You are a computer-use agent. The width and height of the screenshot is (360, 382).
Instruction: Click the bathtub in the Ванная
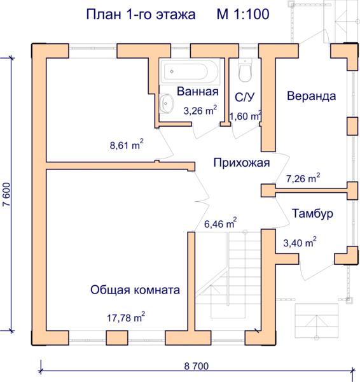pos(190,71)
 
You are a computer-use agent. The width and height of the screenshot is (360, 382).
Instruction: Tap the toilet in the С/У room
pos(245,70)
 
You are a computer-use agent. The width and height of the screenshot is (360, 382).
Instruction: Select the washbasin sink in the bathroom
pos(167,104)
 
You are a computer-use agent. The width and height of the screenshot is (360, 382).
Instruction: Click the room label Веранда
pos(311,95)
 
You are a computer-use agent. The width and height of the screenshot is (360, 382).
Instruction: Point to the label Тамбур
pos(312,213)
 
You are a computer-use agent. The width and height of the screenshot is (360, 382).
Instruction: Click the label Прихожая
pos(242,162)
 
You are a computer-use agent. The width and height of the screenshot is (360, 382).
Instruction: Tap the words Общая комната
pos(135,290)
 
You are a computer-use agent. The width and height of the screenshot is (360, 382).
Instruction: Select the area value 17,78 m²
pos(126,317)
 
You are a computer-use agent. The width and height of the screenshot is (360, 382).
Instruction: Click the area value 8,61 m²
pos(127,145)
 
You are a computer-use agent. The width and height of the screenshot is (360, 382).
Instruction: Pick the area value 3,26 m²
pos(200,110)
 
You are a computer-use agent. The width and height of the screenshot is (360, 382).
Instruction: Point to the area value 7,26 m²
pos(303,178)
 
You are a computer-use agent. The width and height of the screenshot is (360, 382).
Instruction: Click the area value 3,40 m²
pos(300,242)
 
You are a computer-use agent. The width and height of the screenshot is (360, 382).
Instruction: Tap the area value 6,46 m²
pos(220,223)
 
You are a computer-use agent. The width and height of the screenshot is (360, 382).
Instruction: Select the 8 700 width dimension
pos(197,366)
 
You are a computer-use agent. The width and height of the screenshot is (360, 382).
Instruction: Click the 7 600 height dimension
pos(7,194)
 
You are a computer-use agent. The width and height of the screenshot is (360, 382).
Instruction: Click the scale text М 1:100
pos(243,14)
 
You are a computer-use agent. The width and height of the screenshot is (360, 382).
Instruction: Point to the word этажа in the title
pos(176,15)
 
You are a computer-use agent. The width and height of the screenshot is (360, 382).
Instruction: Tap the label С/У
pos(244,97)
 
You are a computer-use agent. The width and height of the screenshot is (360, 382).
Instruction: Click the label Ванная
pos(197,91)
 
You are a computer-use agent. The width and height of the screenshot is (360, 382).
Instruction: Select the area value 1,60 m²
pos(246,117)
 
